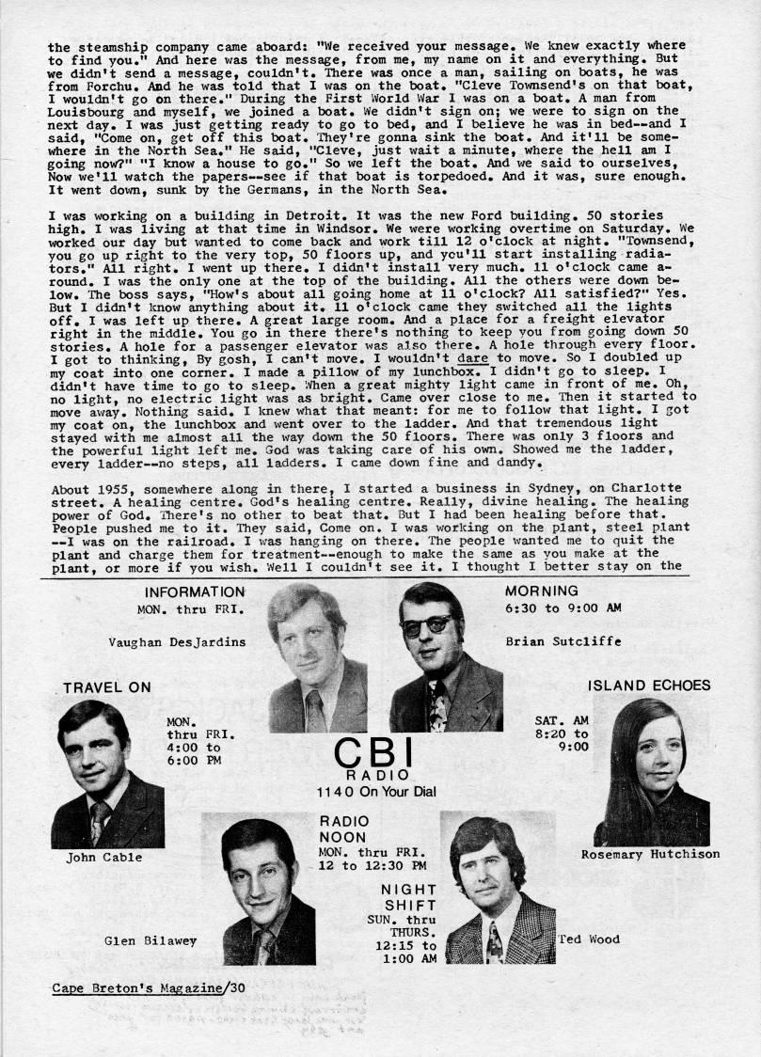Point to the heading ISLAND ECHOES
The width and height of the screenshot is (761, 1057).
[649, 686]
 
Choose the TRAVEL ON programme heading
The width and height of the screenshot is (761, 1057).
[107, 687]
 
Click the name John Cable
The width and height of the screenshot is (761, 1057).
[104, 858]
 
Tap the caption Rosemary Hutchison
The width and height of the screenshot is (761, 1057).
[650, 855]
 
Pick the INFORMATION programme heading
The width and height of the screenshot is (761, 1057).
[195, 592]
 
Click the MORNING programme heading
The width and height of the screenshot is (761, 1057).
[542, 592]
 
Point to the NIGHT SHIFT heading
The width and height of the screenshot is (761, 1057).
[409, 897]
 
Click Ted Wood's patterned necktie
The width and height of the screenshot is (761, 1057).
[494, 942]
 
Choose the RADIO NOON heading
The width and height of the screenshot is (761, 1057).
[343, 828]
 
